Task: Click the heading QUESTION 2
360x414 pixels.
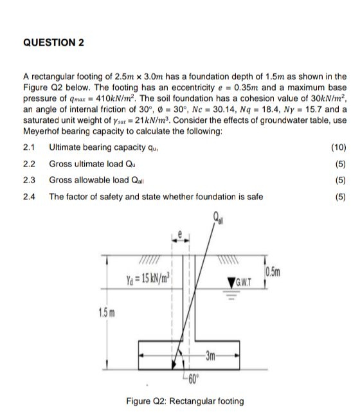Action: (53, 43)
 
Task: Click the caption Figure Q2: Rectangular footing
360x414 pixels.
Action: (184, 401)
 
